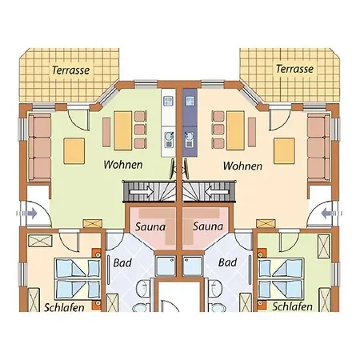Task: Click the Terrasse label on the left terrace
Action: point(71,70)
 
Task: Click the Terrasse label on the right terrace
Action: point(294,69)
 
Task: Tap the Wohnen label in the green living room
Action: point(123,165)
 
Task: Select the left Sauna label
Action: point(150,227)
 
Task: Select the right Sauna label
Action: point(208,226)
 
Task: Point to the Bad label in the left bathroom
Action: point(122,263)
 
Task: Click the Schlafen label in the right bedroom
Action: point(292,306)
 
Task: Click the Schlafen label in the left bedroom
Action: point(64,307)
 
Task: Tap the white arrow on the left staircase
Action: point(141,192)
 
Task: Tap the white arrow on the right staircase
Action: point(217,192)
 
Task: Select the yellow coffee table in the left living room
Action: point(74,151)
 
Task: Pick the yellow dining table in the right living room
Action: point(235,130)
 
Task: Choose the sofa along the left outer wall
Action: point(40,147)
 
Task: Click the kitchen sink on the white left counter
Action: point(169,139)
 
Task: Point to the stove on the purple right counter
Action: point(190,101)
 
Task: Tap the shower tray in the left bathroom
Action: point(166,266)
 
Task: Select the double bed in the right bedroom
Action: point(281,278)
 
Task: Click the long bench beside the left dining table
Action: point(106,132)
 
